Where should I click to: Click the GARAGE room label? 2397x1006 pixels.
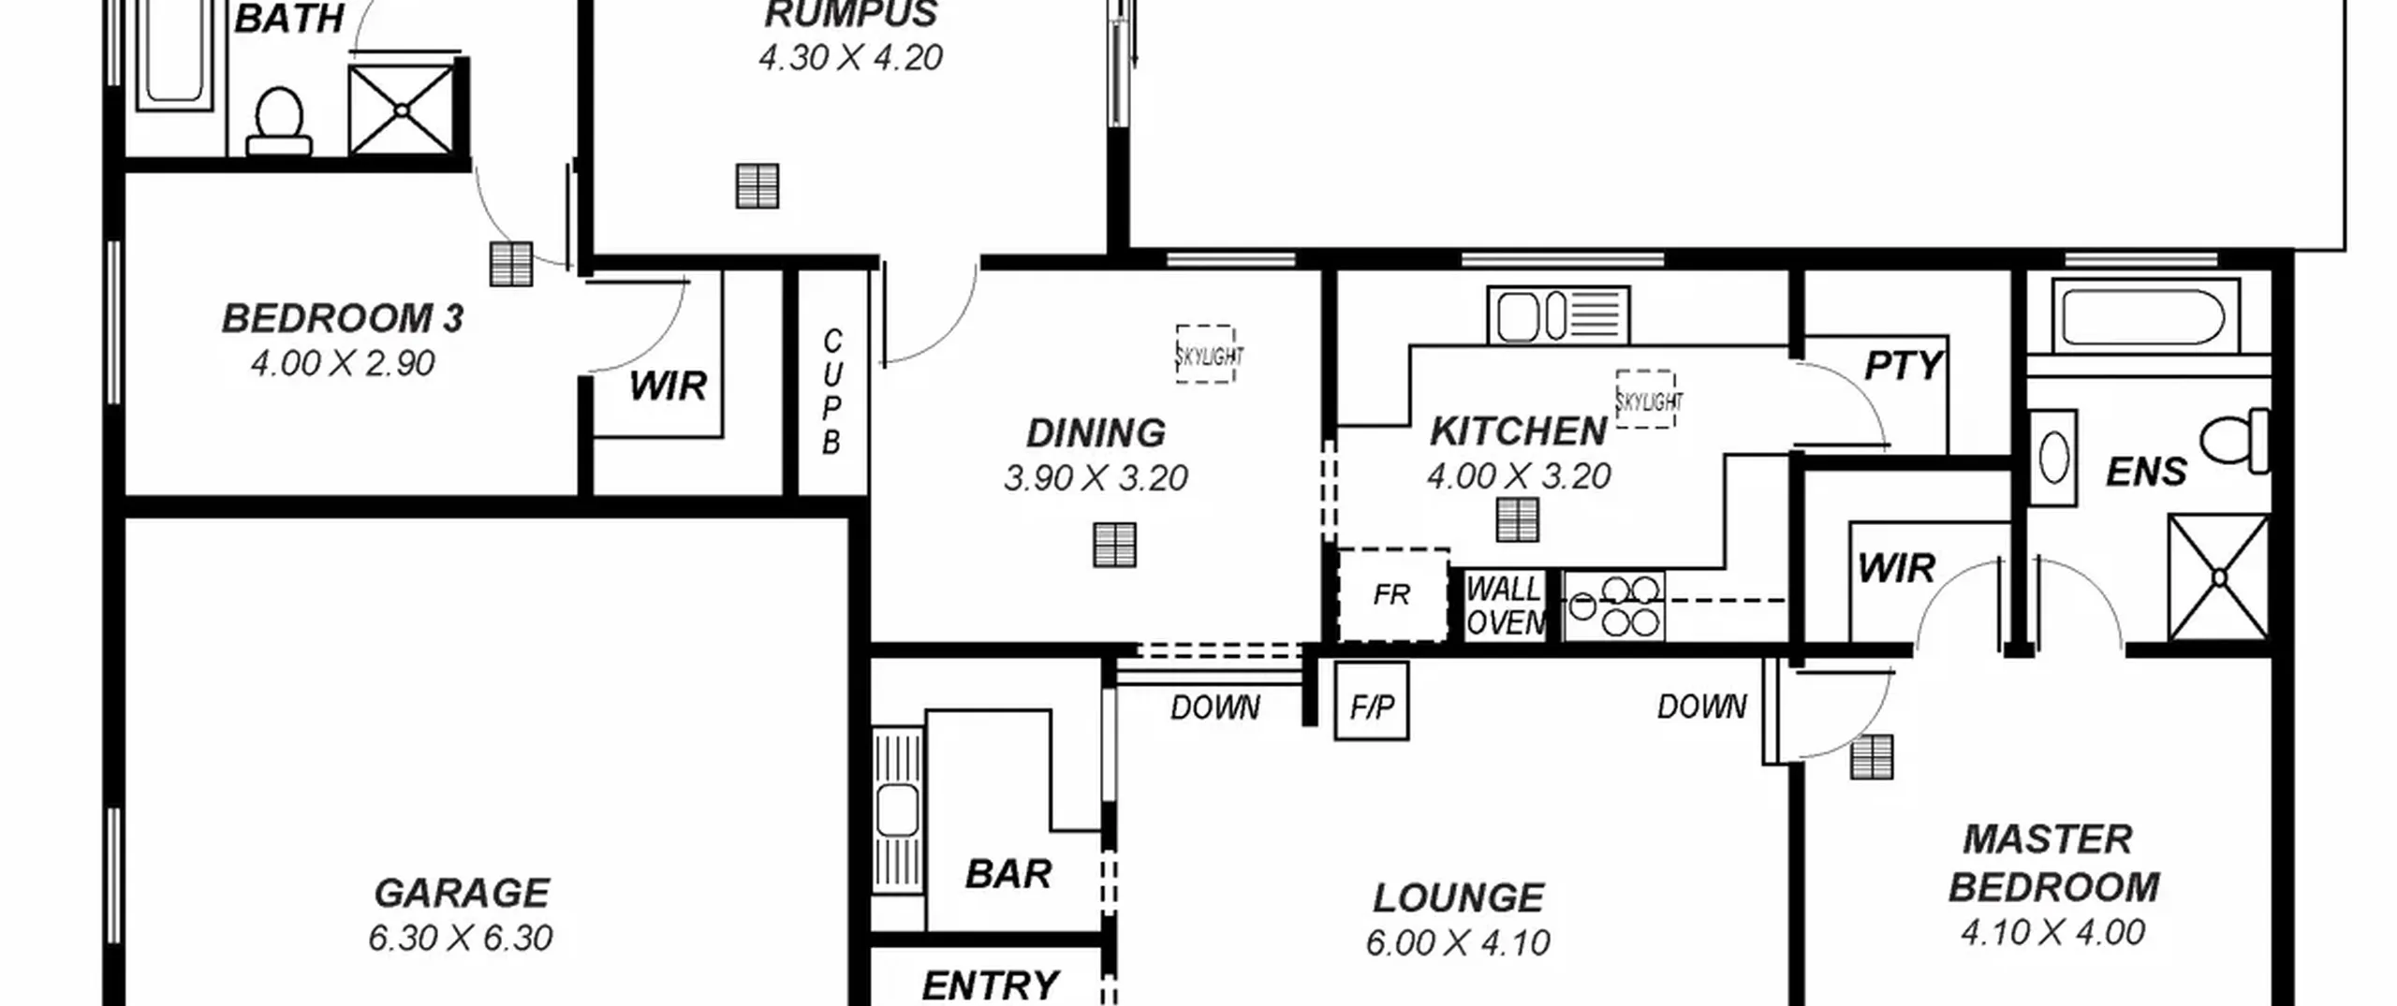462,893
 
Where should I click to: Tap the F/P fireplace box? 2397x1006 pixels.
1372,701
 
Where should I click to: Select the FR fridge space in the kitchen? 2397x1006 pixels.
1392,595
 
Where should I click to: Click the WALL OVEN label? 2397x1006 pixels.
1506,605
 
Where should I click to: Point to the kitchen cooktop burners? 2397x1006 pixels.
1613,606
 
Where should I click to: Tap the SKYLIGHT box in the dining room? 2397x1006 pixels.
1207,354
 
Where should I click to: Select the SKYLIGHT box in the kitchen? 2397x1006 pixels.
1647,400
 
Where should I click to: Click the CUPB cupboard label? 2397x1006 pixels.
831,392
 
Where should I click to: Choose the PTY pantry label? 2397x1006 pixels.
1904,365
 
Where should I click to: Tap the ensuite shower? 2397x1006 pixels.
2218,577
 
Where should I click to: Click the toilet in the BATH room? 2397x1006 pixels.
278,121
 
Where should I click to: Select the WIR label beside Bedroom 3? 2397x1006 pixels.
668,386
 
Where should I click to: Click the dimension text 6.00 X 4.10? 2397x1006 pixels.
1458,942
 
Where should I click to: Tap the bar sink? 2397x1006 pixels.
897,809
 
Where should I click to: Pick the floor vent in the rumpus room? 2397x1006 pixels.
757,185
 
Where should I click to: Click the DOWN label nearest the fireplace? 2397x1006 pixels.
1215,707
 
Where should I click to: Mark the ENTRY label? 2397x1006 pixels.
991,985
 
